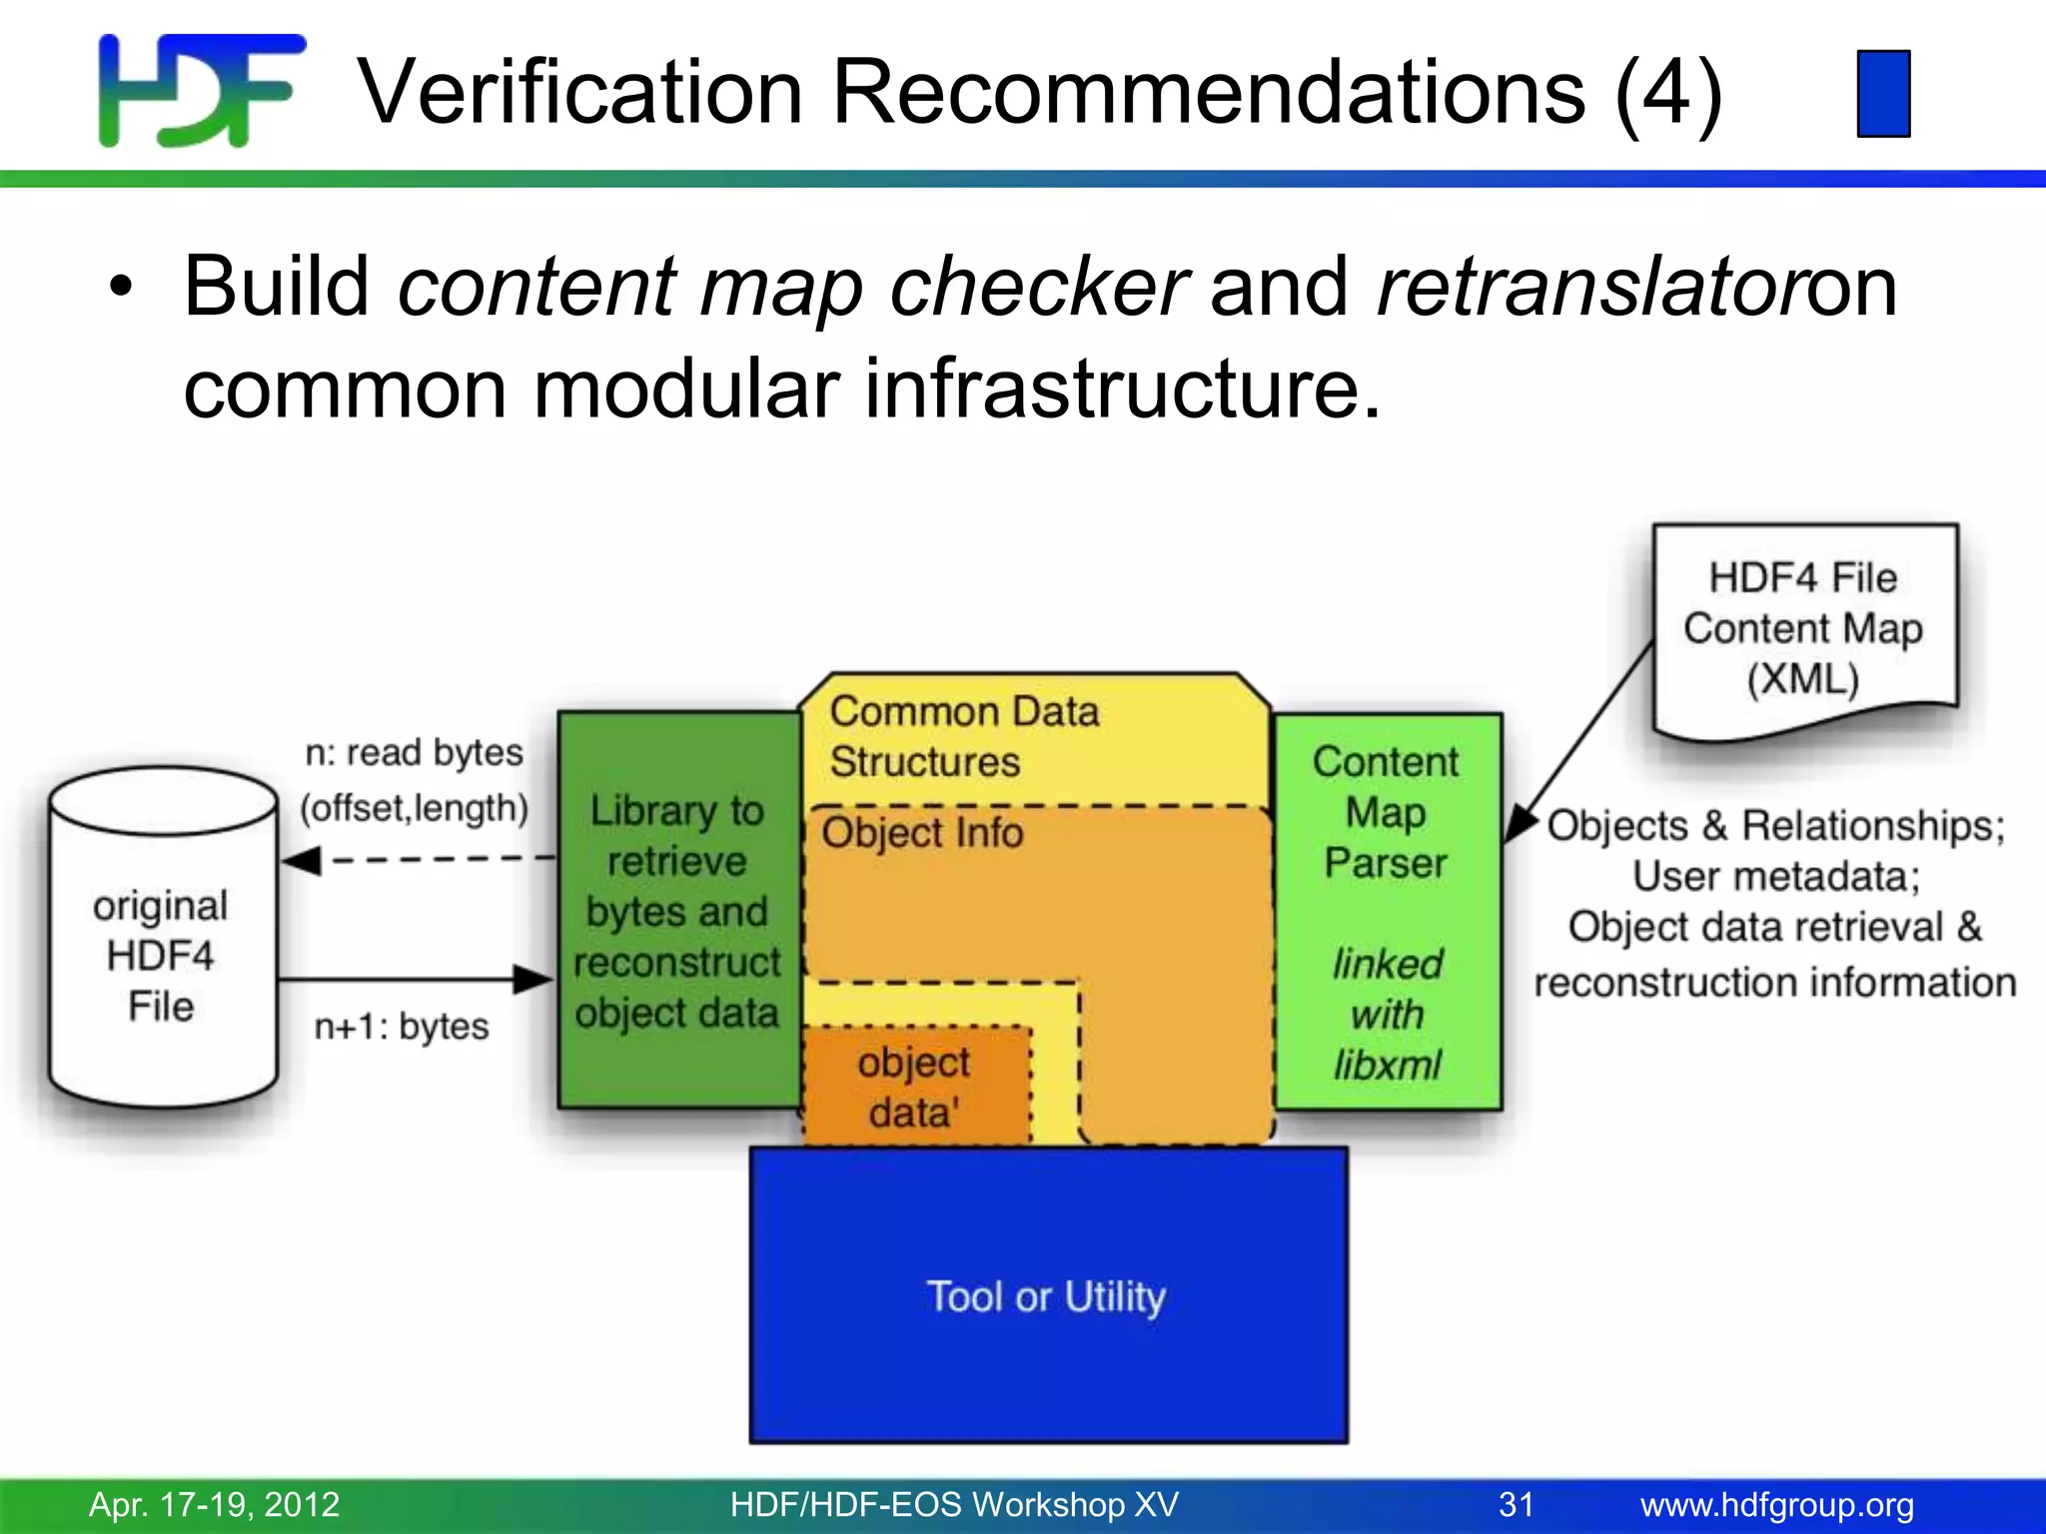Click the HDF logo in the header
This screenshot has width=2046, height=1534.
200,90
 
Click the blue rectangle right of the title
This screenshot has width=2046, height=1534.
1883,93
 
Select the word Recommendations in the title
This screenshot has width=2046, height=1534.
1208,92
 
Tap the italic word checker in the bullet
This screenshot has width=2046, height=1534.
1039,288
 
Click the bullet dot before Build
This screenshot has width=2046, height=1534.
120,290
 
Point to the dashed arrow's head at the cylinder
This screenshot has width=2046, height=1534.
300,860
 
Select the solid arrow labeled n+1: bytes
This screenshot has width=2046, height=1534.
415,980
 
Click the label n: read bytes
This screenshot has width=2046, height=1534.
414,752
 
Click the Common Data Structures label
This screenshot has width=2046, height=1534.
963,737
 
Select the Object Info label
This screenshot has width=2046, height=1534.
922,833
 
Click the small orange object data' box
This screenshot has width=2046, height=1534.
914,1087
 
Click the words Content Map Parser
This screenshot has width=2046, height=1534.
1386,812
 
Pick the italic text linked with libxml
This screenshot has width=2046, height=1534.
1387,1015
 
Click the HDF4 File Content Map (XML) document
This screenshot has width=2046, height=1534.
1803,629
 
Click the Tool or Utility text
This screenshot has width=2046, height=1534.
1046,1296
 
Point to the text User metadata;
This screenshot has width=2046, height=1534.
1775,877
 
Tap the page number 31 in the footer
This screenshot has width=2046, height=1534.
1516,1504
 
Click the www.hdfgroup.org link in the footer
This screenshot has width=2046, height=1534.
1776,1504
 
